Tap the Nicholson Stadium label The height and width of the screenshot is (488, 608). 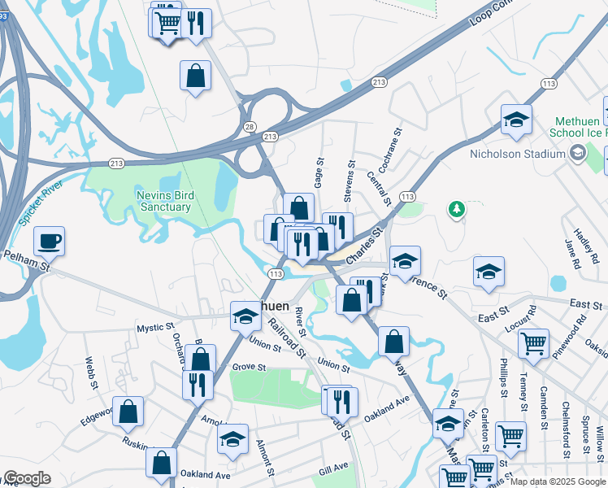pos(517,154)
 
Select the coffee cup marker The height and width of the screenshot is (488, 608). pos(50,241)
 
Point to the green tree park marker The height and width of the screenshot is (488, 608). pos(457,210)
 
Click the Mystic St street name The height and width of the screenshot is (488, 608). pos(155,327)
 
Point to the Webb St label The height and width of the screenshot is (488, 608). pos(90,372)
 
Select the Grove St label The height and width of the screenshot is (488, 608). pos(249,368)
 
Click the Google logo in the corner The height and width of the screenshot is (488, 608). pos(26,478)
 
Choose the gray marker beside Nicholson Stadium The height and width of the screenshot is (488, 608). pos(577,152)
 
